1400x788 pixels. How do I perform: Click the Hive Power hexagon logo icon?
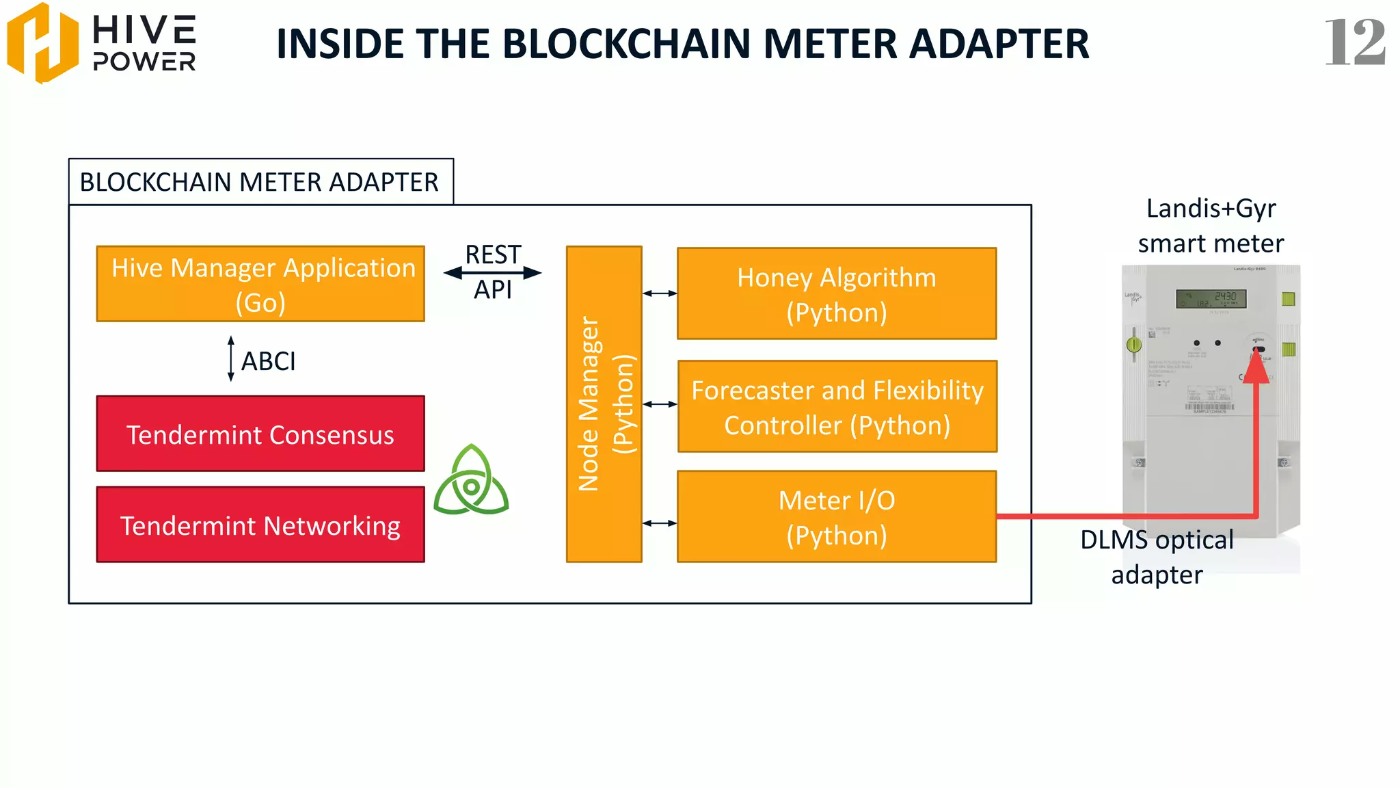point(42,42)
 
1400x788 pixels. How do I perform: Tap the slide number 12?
point(1354,42)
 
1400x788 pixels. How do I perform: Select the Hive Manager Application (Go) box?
point(260,284)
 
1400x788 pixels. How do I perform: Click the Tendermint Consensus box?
point(260,434)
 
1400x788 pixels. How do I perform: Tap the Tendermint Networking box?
point(260,525)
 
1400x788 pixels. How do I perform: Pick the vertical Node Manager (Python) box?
point(604,404)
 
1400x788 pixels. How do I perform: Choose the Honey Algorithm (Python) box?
point(836,294)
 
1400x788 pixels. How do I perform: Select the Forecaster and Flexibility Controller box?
point(837,406)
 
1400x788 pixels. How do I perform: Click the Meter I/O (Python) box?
point(836,517)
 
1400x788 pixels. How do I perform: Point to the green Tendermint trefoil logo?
point(471,481)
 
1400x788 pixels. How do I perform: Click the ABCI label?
point(269,361)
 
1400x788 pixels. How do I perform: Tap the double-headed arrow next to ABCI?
point(231,358)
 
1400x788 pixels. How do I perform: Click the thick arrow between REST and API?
point(492,273)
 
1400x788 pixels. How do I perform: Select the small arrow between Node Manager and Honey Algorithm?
point(660,293)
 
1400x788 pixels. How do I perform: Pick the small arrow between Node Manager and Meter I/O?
point(660,523)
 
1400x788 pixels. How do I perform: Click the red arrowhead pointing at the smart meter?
point(1256,368)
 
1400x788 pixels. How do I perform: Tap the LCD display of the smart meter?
point(1211,299)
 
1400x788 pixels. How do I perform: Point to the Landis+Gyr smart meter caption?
point(1211,226)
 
